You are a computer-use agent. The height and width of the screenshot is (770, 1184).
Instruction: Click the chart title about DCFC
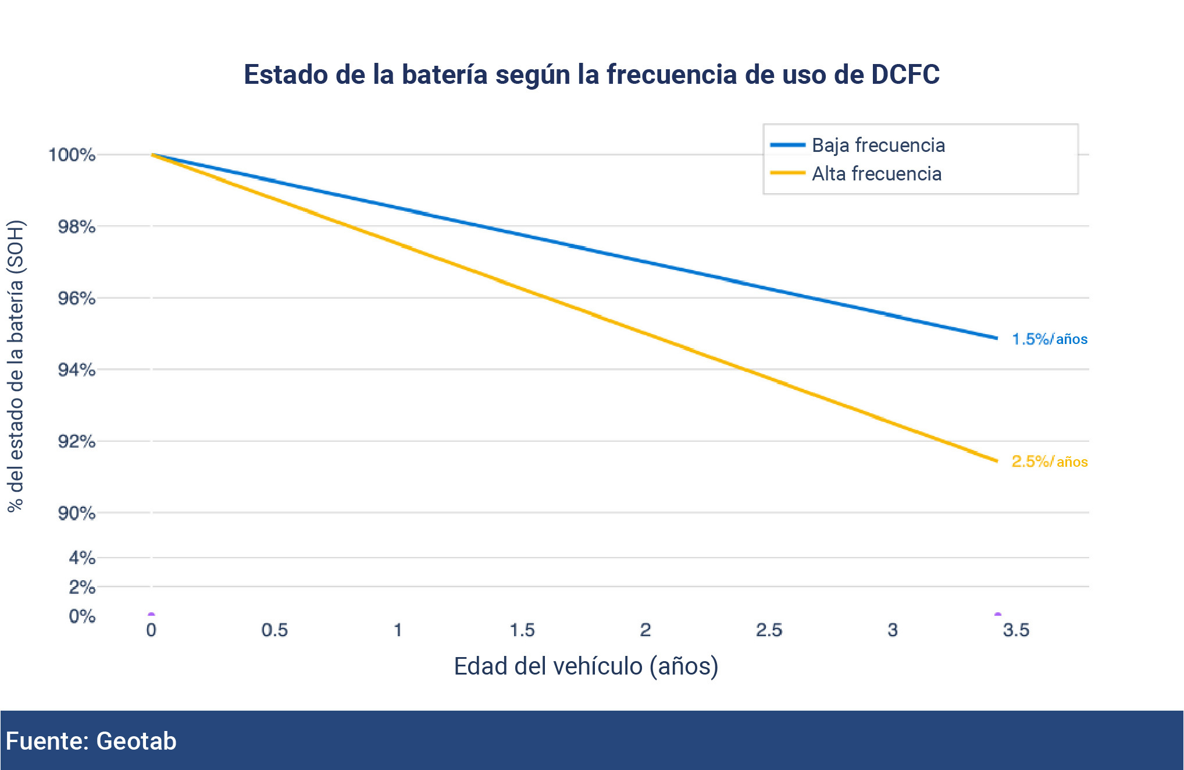[x=591, y=74]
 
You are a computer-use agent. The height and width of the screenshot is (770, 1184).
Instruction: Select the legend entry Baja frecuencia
[x=878, y=145]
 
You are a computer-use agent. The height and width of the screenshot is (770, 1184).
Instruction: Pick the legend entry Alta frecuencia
[x=876, y=173]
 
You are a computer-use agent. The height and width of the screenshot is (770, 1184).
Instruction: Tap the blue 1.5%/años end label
[x=1049, y=339]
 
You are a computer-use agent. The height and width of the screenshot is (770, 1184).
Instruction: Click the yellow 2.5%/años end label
[x=1049, y=462]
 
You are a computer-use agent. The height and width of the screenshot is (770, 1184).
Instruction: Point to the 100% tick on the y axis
[x=72, y=155]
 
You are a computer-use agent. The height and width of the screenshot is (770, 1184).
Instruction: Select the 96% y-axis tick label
[x=76, y=298]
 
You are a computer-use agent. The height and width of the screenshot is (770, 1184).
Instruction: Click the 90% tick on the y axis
[x=76, y=513]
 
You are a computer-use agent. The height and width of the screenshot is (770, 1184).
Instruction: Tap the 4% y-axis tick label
[x=81, y=558]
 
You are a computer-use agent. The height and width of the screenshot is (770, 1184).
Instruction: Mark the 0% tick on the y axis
[x=81, y=616]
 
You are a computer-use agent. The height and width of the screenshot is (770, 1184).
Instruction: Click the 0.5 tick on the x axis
[x=274, y=630]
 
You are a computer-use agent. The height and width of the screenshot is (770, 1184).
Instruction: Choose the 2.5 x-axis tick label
[x=769, y=630]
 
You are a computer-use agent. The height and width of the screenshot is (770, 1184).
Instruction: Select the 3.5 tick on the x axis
[x=1016, y=630]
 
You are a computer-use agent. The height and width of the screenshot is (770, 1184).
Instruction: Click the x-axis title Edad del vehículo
[x=586, y=666]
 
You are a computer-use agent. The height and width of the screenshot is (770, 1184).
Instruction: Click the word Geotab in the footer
[x=136, y=741]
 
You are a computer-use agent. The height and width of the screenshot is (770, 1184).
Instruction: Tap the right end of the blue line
[x=996, y=338]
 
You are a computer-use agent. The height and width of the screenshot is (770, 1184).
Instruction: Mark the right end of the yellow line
[x=996, y=461]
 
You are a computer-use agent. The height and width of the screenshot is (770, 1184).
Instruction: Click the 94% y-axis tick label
[x=76, y=370]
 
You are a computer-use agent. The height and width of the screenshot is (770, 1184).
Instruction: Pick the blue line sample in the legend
[x=787, y=145]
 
